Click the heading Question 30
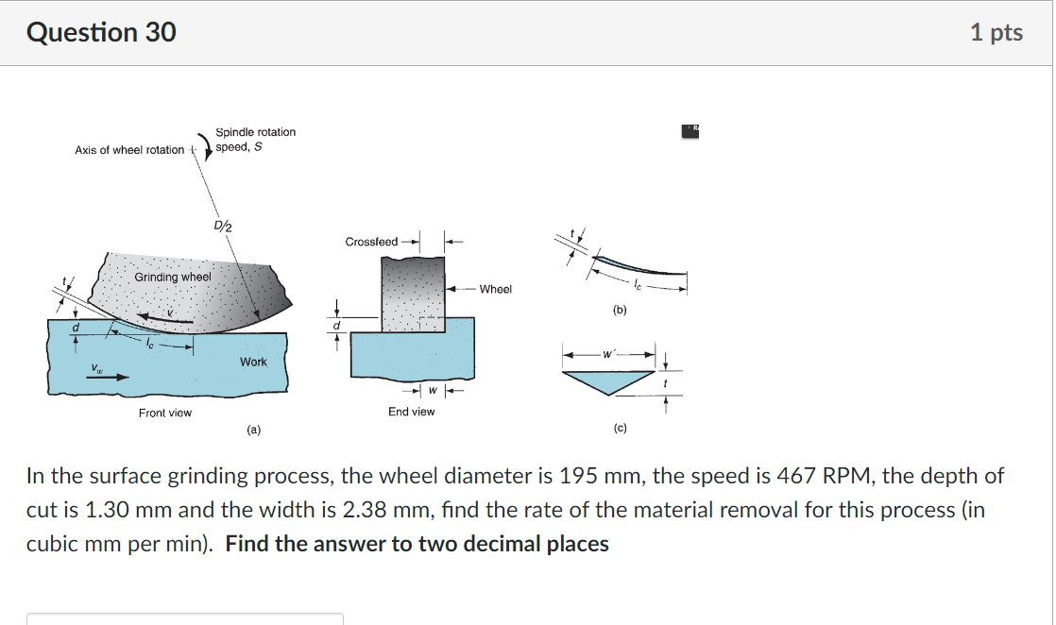101,32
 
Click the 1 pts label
996,32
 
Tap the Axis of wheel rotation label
129,150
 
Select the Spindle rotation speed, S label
255,139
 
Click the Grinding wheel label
173,278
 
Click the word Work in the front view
253,362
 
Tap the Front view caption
165,413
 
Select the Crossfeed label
371,242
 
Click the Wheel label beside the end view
495,289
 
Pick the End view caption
412,412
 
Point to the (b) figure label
619,309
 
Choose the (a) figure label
253,430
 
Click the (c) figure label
619,429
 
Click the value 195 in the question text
578,476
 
